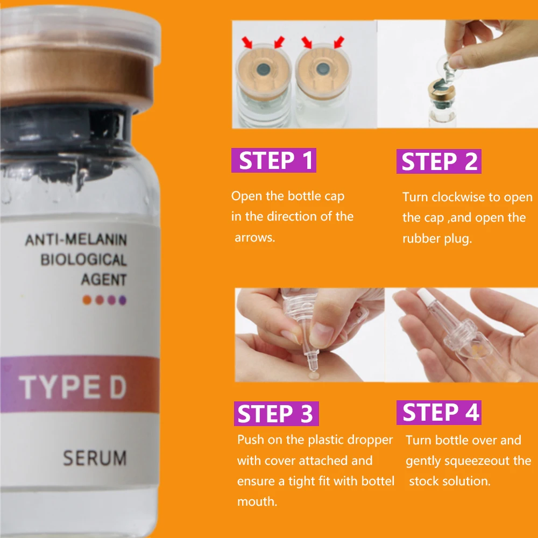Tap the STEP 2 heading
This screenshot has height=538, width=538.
(439, 162)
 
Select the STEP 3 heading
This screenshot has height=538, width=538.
(276, 414)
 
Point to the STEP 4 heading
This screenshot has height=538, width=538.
(441, 413)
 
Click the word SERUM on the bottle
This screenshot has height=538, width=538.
(95, 458)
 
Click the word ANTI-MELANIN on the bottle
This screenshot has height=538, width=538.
(76, 239)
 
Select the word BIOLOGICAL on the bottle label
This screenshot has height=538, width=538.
(83, 260)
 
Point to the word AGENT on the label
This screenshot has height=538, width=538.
(104, 280)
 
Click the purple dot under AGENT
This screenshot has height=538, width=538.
(122, 300)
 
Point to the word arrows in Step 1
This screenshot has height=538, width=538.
(254, 237)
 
